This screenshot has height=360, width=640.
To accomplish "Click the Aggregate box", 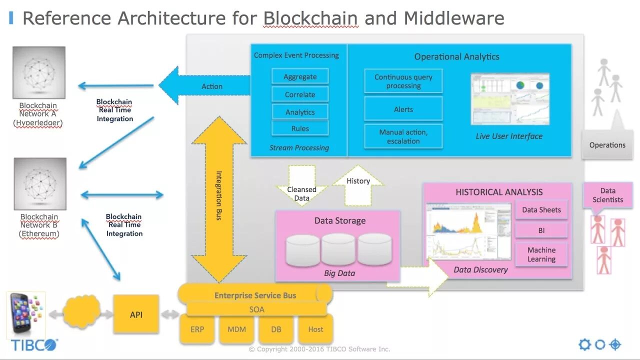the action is coord(300,76).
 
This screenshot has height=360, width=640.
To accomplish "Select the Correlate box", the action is coord(300,94).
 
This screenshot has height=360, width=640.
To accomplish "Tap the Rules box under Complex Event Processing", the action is coord(300,128).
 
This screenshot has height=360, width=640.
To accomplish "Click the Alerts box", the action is coord(403,109).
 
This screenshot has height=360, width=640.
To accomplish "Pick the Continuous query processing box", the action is coord(403,81).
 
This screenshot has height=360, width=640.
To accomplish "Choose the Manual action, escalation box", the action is coord(403,136).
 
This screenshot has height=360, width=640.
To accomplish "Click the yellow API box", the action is coord(136,314).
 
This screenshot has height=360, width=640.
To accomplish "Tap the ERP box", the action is coord(197,329).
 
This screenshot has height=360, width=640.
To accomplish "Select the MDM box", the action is coord(236,329).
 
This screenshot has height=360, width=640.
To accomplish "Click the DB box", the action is coord(276,329).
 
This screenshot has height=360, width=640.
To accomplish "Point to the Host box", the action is coord(315,329).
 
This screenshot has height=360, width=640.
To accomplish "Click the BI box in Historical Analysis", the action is coord(541,230).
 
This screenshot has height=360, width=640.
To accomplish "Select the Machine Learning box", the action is coord(541,254).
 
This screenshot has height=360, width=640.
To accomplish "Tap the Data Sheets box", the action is coord(541,209).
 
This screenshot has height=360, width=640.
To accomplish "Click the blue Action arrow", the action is coord(204,85).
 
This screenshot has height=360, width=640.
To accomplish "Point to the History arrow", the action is coord(358,185).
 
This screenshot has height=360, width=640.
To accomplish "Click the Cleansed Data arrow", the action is coord(301,185).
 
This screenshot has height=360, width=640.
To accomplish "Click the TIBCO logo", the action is coord(34,345).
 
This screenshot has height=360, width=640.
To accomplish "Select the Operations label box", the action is coord(607,144).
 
